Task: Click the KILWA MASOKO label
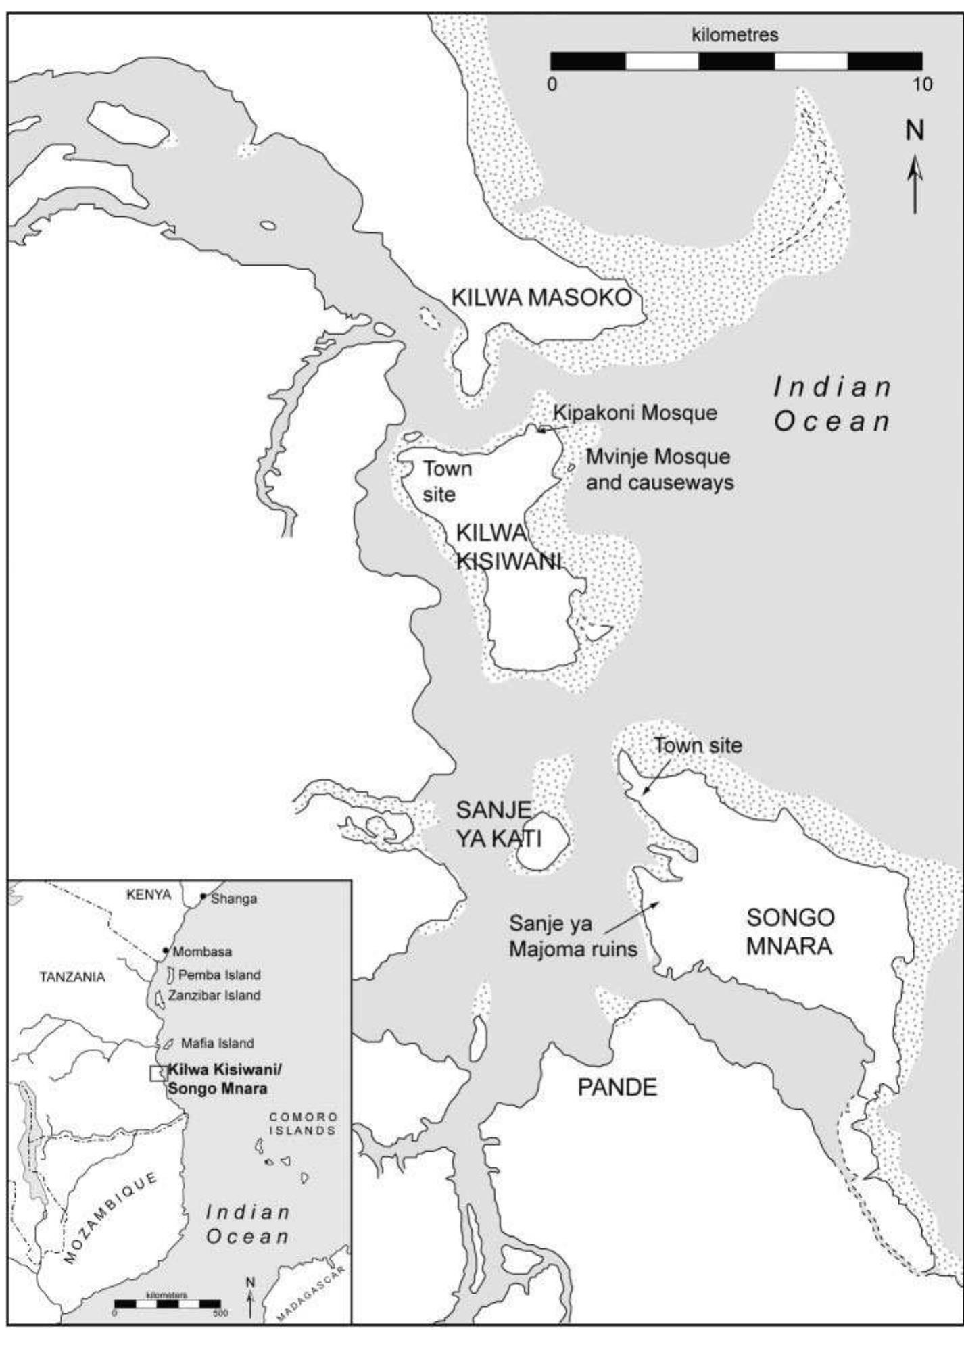click(541, 297)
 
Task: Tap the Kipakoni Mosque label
click(635, 412)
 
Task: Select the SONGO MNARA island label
click(790, 931)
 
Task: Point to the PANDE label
click(617, 1087)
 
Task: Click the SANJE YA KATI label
click(498, 824)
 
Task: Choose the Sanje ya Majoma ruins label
click(573, 936)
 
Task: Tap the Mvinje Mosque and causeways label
click(659, 470)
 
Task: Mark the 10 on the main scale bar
click(921, 84)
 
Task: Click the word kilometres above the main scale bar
click(735, 34)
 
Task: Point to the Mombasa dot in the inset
click(166, 950)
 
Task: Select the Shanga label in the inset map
click(233, 899)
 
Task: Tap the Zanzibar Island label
click(214, 996)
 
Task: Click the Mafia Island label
click(217, 1043)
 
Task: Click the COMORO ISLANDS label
click(302, 1123)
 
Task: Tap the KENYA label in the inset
click(149, 895)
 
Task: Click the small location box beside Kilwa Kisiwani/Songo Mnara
click(158, 1073)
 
